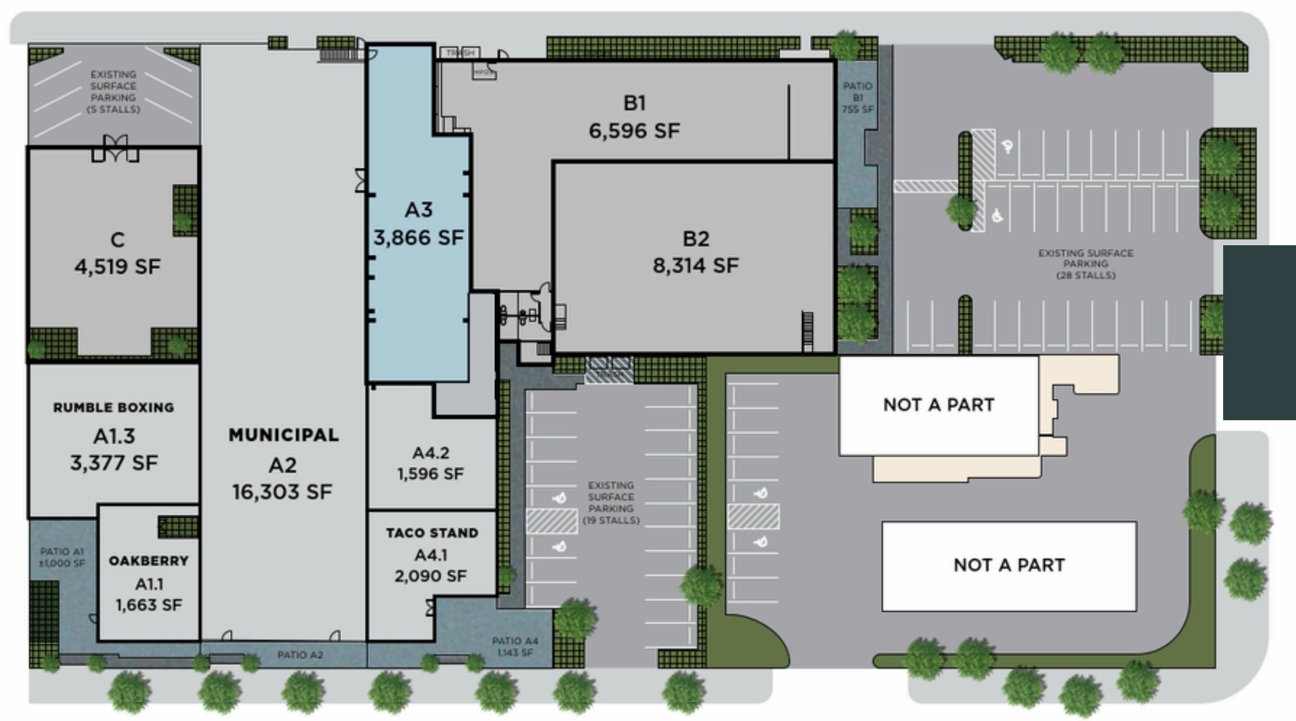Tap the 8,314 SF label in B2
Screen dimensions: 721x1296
(695, 265)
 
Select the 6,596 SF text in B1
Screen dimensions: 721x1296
(634, 131)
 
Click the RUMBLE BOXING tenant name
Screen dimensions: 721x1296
(114, 407)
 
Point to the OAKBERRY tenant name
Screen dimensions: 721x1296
(149, 561)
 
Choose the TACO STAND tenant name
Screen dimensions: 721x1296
(432, 533)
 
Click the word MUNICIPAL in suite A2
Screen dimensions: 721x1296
(284, 435)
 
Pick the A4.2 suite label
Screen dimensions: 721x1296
(431, 453)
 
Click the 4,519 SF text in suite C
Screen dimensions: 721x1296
(118, 267)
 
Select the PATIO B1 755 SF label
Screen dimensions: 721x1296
(857, 98)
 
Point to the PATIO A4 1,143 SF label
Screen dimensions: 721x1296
(515, 646)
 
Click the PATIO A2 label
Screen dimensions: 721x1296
(300, 655)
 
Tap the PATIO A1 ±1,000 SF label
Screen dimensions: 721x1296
(62, 557)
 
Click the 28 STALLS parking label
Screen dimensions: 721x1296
(1085, 275)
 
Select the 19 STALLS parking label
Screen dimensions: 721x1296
(611, 520)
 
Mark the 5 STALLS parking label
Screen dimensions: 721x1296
(113, 109)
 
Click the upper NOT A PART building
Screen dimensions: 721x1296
(938, 405)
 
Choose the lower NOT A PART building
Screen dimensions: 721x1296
(1008, 565)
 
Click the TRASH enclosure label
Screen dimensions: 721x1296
(460, 52)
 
